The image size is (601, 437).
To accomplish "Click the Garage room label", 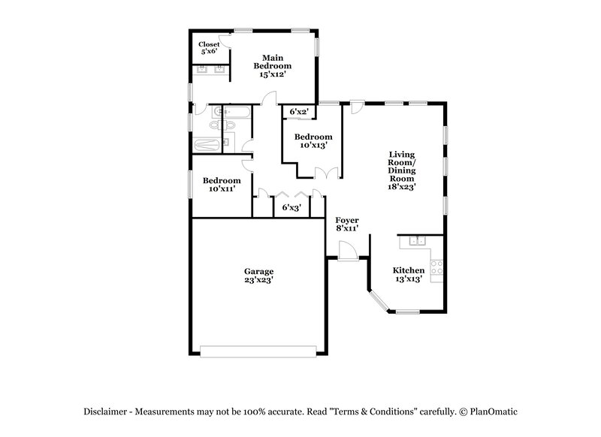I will tap(258, 271).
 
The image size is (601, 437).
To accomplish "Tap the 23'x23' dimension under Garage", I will tap(258, 280).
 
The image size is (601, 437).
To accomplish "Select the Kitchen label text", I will tap(409, 270).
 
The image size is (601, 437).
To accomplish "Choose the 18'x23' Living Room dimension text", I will tap(402, 187).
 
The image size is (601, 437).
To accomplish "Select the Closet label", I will tap(209, 44).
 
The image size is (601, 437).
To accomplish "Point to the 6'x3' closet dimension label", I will tap(291, 208).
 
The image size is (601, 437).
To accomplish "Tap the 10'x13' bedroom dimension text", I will tap(313, 145).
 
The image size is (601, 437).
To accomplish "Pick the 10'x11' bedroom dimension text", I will tap(222, 189).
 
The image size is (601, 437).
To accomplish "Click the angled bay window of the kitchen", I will tap(379, 300).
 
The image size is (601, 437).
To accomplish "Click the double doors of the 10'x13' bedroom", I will tap(326, 173).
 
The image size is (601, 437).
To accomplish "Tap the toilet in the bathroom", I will tap(229, 143).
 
